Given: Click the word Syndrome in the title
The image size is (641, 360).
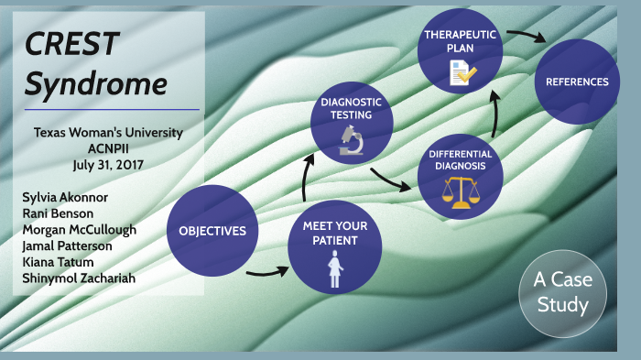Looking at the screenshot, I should click(x=95, y=83).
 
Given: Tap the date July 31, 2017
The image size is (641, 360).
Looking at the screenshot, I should click(x=108, y=165).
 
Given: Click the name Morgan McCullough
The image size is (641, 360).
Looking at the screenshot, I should click(x=79, y=229).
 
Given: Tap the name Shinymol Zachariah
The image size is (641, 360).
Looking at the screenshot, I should click(x=78, y=278).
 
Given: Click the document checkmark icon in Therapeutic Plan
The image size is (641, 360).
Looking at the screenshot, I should click(x=461, y=71).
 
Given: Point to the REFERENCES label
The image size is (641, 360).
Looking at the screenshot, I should click(x=577, y=82).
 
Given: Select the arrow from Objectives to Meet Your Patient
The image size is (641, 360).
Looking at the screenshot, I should click(x=269, y=271).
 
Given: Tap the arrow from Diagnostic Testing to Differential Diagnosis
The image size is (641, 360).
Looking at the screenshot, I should click(x=391, y=181).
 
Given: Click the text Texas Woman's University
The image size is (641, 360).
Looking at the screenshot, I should click(x=108, y=133).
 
